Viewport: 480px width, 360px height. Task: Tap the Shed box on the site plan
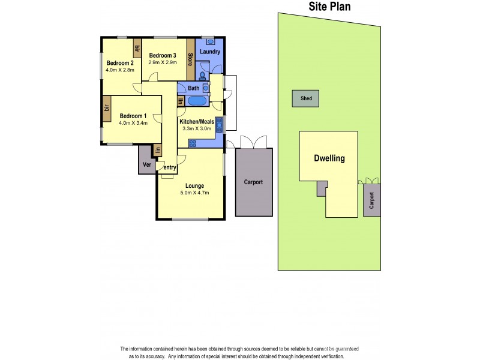pyautogui.click(x=306, y=98)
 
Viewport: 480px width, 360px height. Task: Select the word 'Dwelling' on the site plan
pyautogui.click(x=329, y=159)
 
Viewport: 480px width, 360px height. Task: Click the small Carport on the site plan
pyautogui.click(x=371, y=200)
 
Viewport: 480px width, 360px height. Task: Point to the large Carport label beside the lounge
pyautogui.click(x=253, y=182)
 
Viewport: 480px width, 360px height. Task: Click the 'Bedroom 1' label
pyautogui.click(x=133, y=116)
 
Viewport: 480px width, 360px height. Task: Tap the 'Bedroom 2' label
pyautogui.click(x=119, y=63)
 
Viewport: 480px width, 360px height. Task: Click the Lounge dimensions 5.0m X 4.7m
pyautogui.click(x=194, y=193)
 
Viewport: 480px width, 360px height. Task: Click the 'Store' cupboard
pyautogui.click(x=190, y=59)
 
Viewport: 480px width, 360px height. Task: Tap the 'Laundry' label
pyautogui.click(x=210, y=52)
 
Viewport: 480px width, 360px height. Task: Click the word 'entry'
pyautogui.click(x=170, y=167)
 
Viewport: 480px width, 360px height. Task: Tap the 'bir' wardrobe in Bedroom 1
pyautogui.click(x=106, y=108)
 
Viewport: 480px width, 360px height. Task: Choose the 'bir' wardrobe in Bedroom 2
pyautogui.click(x=137, y=48)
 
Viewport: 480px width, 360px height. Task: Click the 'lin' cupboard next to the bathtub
pyautogui.click(x=180, y=101)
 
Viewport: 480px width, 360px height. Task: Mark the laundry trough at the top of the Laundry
pyautogui.click(x=210, y=41)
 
